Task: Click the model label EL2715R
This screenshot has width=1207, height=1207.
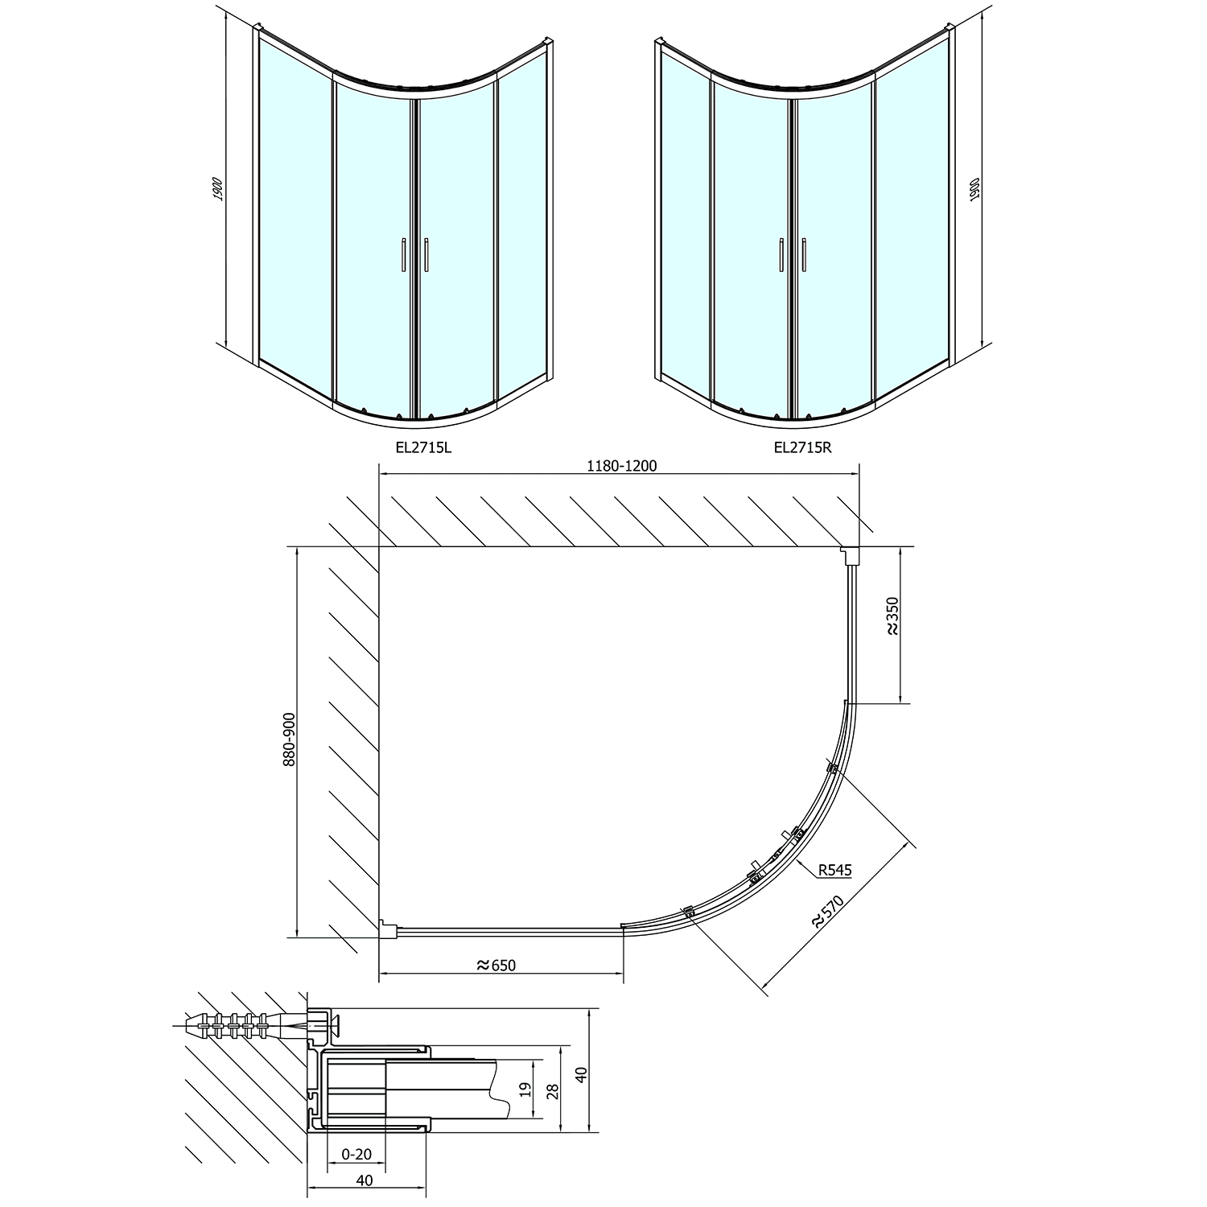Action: (802, 447)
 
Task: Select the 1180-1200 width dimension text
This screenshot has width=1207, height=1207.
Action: (621, 466)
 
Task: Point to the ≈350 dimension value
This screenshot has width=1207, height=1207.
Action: (892, 617)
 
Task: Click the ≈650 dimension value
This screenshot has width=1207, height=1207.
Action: (496, 965)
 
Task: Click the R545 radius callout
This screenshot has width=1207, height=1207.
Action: (834, 870)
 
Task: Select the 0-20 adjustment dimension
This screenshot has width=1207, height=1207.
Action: (356, 1154)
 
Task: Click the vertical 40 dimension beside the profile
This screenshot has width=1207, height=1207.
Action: (582, 1073)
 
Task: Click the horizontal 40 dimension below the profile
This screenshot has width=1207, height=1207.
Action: (364, 1180)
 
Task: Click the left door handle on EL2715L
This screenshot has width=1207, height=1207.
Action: (401, 256)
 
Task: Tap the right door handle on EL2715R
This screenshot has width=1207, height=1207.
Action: (803, 256)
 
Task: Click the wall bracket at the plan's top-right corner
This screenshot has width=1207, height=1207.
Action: (850, 554)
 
